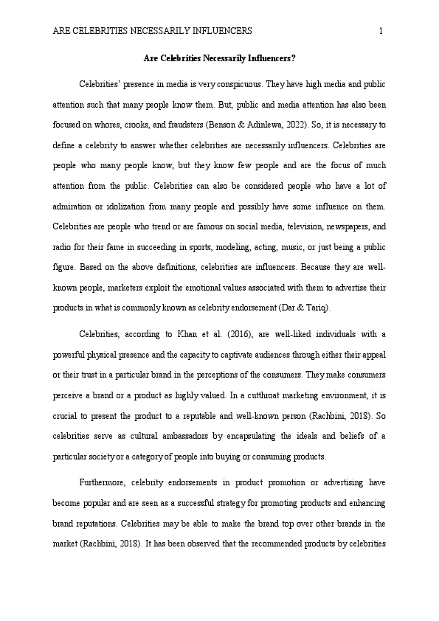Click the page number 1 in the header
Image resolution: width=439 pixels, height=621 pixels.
tap(381, 31)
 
